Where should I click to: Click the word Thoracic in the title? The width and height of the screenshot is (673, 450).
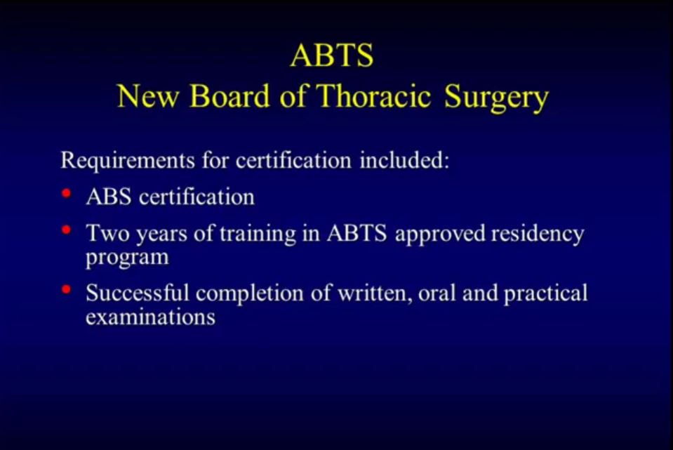pos(374,95)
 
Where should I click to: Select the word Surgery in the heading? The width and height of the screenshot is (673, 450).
pos(496,98)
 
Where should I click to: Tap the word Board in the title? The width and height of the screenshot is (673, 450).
pos(229,95)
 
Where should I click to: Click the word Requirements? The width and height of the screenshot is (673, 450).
pos(128,161)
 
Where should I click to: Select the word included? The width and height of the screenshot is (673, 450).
pos(404,160)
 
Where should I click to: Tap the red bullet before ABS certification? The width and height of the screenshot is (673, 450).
pos(66,193)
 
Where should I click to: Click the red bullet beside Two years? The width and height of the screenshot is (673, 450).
pos(66,230)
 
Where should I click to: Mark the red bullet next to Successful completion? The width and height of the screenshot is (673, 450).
pos(66,289)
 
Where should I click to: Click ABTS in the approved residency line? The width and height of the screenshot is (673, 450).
pos(357,234)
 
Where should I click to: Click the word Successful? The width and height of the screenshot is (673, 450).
pos(138,293)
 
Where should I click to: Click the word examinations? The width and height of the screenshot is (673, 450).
pos(151,317)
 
